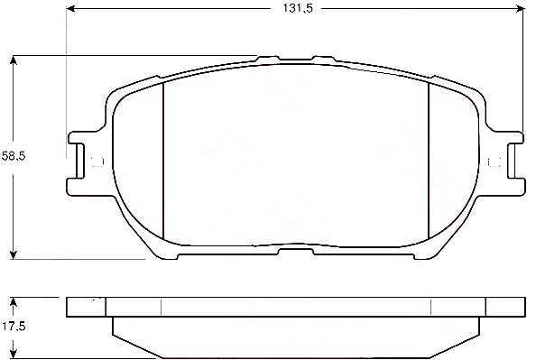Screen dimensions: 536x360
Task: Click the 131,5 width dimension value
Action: coord(298,8)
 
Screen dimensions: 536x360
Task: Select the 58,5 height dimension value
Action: coord(14,156)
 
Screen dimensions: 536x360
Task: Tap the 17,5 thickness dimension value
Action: coord(14,327)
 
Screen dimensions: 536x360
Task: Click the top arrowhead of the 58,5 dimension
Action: coord(13,60)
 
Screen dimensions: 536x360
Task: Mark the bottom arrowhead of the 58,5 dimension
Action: coord(13,254)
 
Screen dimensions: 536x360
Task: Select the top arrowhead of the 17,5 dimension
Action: coord(13,302)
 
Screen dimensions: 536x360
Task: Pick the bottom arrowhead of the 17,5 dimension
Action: coord(13,354)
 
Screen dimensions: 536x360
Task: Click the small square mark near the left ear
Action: coord(97,162)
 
